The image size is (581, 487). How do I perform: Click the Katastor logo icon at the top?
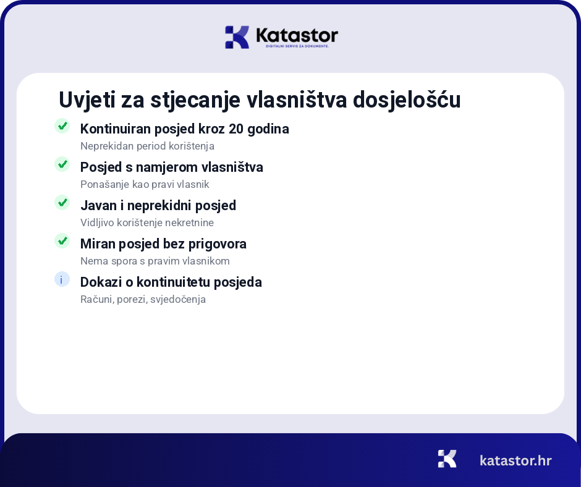pyautogui.click(x=237, y=37)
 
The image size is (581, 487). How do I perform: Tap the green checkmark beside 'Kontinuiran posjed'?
pyautogui.click(x=62, y=126)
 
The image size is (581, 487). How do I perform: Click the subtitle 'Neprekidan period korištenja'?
pyautogui.click(x=147, y=146)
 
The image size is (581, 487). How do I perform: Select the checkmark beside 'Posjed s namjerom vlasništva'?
pyautogui.click(x=62, y=164)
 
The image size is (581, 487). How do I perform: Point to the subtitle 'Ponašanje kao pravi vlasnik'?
pyautogui.click(x=145, y=185)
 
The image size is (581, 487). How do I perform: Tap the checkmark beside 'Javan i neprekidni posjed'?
pyautogui.click(x=62, y=203)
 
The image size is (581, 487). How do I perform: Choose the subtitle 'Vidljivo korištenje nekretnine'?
pyautogui.click(x=147, y=223)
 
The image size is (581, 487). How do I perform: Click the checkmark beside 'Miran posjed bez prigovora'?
pyautogui.click(x=62, y=241)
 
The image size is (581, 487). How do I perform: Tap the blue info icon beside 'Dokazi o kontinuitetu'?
pyautogui.click(x=62, y=279)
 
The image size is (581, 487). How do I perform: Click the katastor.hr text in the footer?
pyautogui.click(x=515, y=460)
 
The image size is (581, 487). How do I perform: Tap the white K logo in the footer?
pyautogui.click(x=447, y=459)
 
